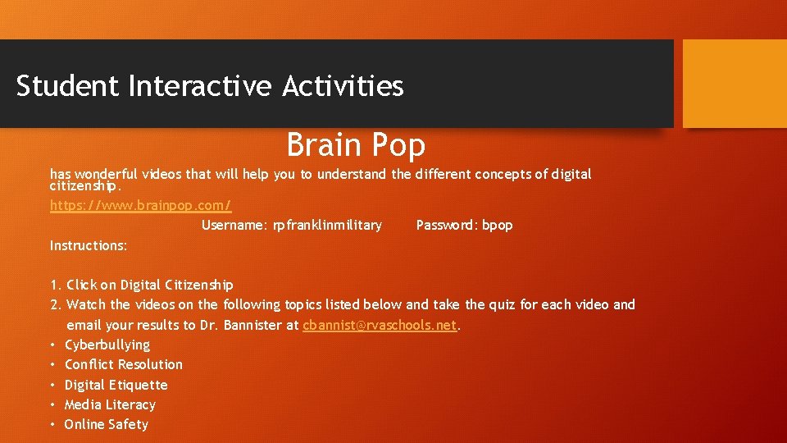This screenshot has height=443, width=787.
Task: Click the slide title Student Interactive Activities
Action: [210, 86]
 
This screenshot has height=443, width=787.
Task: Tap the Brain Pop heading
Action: [356, 145]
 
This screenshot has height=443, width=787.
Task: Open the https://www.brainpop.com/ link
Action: [140, 205]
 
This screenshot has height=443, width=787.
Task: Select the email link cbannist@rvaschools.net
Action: [380, 325]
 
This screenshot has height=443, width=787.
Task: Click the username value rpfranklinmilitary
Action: [328, 225]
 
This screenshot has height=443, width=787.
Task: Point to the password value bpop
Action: [498, 225]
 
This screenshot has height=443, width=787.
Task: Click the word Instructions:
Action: [89, 245]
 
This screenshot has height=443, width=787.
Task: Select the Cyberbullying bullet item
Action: [107, 345]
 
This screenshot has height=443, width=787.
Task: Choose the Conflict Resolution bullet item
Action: [124, 364]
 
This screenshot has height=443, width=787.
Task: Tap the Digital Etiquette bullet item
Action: [116, 385]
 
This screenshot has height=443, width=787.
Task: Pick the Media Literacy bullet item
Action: [110, 404]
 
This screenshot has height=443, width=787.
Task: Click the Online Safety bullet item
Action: [107, 424]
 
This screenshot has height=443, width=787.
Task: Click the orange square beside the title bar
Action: [734, 84]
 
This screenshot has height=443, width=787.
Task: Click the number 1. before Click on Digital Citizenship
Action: [56, 285]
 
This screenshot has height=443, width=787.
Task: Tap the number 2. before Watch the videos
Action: [56, 304]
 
